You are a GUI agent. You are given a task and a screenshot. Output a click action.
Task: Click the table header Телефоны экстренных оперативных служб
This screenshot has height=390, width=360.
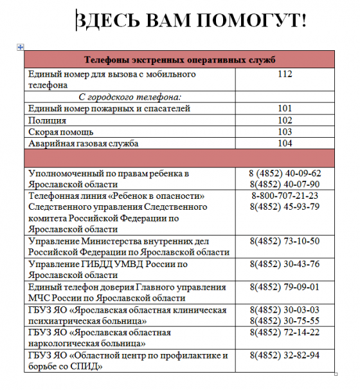tap(179, 60)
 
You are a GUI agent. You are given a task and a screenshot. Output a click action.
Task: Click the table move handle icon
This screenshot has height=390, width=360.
tap(21, 47)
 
